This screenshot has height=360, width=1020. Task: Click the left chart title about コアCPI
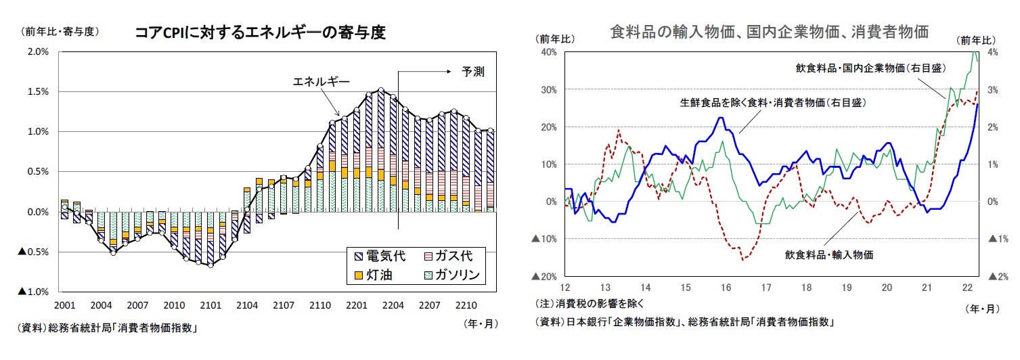pyautogui.click(x=260, y=32)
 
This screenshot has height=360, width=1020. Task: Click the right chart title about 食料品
pyautogui.click(x=769, y=31)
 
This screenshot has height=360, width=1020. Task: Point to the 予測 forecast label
pyautogui.click(x=472, y=70)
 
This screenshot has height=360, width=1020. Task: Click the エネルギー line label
pyautogui.click(x=321, y=83)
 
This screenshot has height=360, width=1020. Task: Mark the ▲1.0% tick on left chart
pyautogui.click(x=34, y=292)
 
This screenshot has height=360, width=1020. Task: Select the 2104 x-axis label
pyautogui.click(x=246, y=305)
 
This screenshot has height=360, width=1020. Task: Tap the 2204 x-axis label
pyautogui.click(x=393, y=305)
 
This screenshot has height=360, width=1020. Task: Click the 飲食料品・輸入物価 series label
pyautogui.click(x=829, y=255)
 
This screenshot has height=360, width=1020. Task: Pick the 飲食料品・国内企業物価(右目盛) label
pyautogui.click(x=870, y=68)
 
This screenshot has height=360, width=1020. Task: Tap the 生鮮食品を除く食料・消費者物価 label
pyautogui.click(x=774, y=104)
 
